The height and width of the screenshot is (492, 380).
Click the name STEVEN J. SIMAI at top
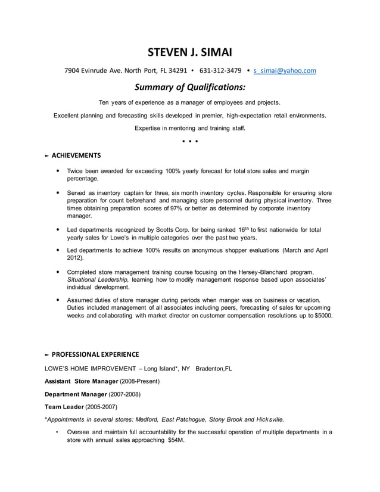pos(190,52)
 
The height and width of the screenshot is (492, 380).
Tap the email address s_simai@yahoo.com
pos(285,70)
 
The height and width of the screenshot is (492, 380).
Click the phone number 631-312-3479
pos(220,70)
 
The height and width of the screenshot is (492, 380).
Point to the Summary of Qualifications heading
pos(190,87)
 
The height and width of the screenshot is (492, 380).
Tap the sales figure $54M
pos(176,440)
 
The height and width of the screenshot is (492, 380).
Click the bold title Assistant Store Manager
pos(82,381)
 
